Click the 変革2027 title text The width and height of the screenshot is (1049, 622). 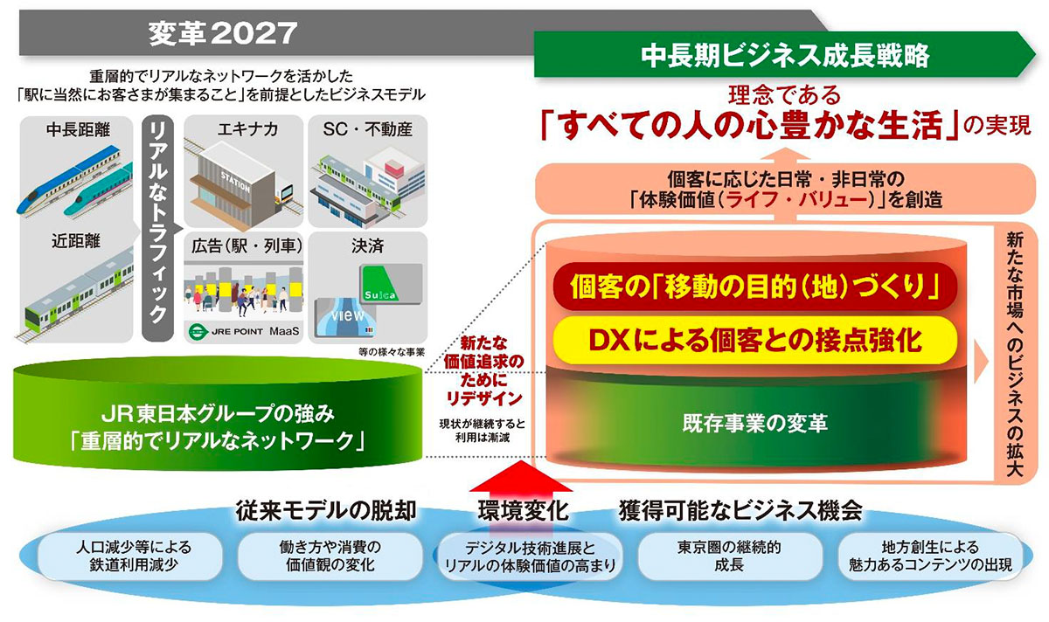tap(223, 34)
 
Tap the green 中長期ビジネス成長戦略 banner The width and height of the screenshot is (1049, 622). tap(784, 54)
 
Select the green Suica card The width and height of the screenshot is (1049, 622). tap(391, 284)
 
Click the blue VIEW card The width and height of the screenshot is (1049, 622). tap(346, 318)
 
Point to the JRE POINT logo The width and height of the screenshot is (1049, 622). tap(226, 331)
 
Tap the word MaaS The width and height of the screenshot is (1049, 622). tap(284, 331)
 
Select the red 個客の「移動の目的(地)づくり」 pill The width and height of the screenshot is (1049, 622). tap(754, 286)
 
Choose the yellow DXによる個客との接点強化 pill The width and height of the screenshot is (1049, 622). tap(754, 340)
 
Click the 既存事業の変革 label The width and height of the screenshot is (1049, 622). tap(754, 424)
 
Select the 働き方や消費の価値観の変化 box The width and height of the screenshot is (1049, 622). tap(330, 556)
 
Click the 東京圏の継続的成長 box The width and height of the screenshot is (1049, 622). tap(730, 556)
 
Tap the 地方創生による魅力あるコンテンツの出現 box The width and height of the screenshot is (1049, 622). tap(930, 556)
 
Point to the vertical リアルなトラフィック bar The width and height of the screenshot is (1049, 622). tap(158, 228)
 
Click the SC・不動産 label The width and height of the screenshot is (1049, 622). tap(368, 129)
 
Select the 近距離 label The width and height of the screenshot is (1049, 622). tap(76, 241)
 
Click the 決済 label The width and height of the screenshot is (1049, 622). tap(368, 246)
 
